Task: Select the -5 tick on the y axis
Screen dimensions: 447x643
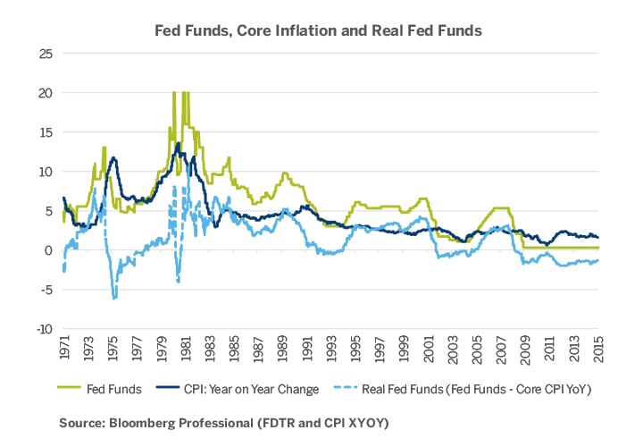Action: click(43, 290)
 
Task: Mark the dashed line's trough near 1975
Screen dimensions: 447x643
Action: click(114, 298)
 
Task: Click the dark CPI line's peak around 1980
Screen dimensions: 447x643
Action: click(179, 143)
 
